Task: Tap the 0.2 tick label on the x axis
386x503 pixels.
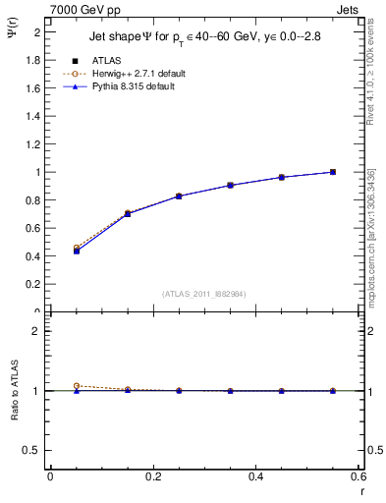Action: click(x=152, y=476)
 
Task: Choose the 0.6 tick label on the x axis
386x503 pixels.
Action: click(x=358, y=476)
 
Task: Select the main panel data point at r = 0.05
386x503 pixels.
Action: click(x=76, y=251)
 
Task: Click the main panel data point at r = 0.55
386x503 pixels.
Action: click(x=333, y=172)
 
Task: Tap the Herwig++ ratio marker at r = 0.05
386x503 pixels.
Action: click(x=76, y=386)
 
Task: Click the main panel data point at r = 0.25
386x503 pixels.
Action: click(x=179, y=196)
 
